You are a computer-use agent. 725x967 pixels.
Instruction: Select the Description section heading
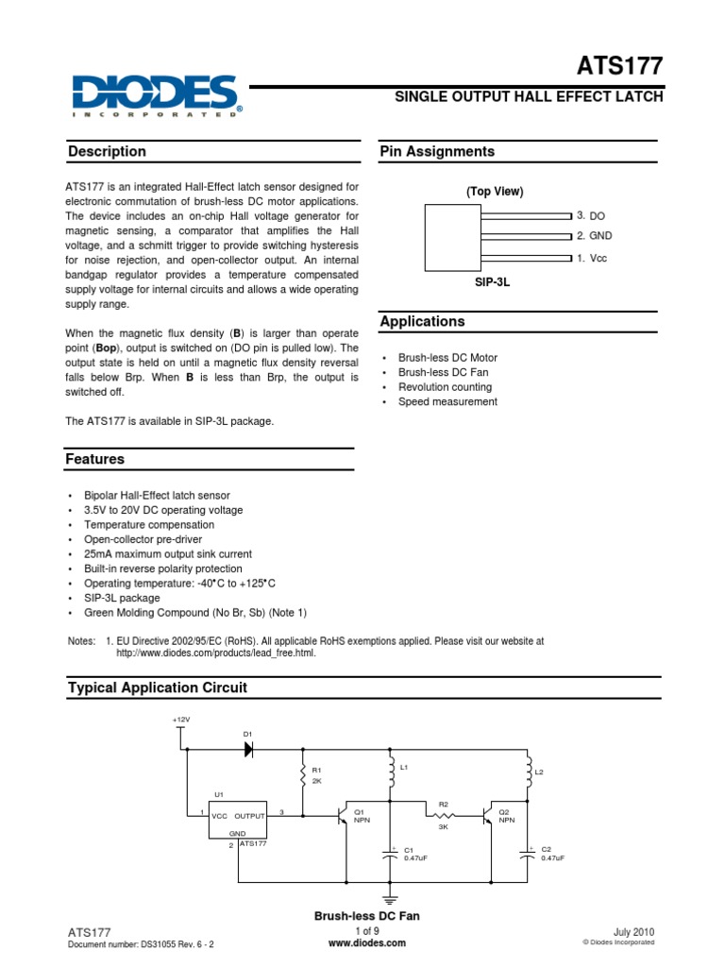(107, 152)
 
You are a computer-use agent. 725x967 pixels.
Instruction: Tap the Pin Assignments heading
(436, 152)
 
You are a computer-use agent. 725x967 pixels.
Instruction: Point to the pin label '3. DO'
(590, 216)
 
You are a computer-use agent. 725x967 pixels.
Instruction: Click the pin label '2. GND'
(595, 236)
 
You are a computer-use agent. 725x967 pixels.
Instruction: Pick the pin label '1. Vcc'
(592, 257)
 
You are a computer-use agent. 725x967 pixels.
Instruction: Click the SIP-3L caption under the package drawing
(493, 282)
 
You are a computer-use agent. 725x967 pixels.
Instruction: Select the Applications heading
(422, 322)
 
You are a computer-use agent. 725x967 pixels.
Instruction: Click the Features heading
(94, 460)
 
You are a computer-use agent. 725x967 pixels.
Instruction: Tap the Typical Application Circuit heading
(158, 688)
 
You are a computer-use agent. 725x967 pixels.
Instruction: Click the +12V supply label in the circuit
(181, 720)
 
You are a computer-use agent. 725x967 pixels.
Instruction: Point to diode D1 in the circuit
(249, 748)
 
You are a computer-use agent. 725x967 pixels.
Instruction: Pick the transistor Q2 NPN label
(506, 816)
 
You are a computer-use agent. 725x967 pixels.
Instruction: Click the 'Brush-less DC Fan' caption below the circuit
(366, 916)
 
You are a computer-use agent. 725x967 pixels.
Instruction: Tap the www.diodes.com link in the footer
(366, 942)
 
